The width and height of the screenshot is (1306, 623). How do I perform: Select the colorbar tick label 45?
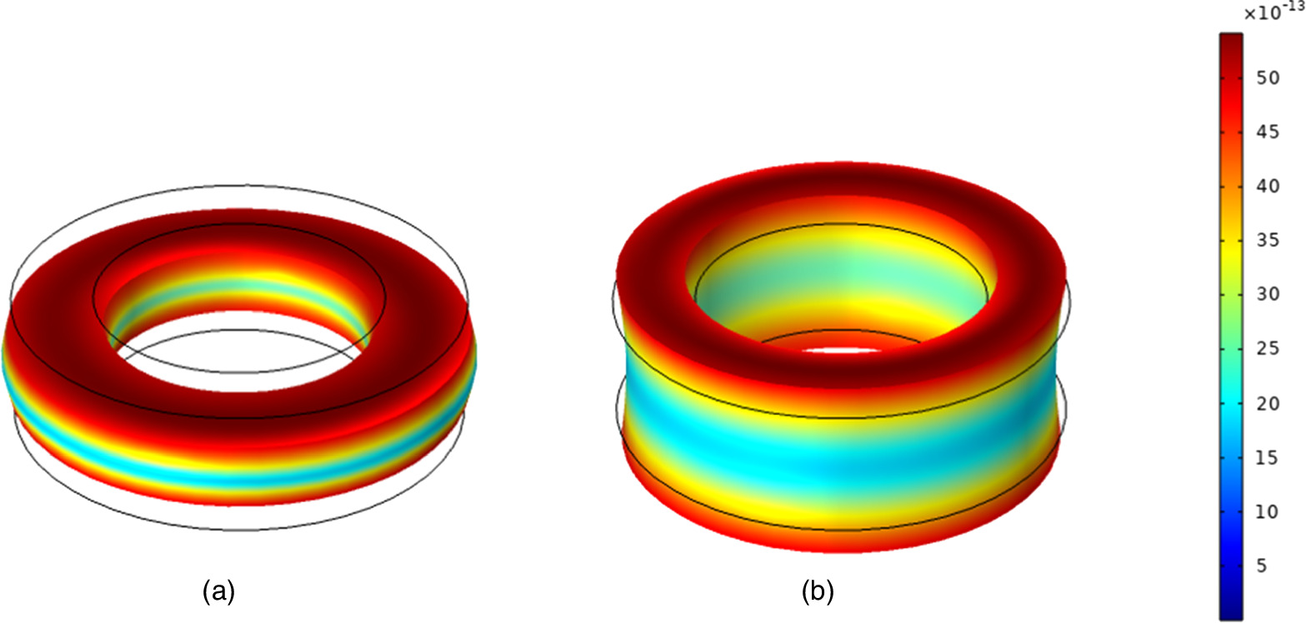(1268, 132)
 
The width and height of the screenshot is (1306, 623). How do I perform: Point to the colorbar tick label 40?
(1268, 186)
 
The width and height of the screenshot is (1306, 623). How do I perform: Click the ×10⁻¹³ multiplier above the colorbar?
(1273, 12)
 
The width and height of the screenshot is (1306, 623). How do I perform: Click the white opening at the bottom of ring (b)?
(842, 351)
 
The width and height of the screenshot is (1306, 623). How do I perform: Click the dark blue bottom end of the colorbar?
(1231, 612)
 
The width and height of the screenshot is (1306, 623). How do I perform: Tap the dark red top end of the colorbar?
(1231, 40)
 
